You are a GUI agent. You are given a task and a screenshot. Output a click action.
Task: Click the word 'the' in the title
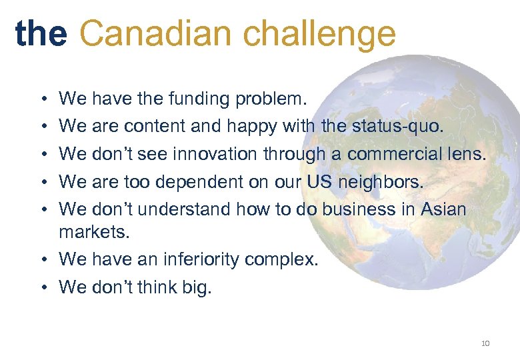(x=41, y=33)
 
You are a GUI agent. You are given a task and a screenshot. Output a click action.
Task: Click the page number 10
(x=485, y=343)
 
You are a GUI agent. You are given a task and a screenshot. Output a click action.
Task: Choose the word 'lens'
(x=467, y=154)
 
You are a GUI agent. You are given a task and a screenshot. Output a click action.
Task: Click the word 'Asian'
(x=443, y=209)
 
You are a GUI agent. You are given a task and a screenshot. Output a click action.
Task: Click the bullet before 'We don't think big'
(x=43, y=287)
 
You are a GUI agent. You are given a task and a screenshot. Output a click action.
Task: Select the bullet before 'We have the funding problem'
(x=43, y=99)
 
